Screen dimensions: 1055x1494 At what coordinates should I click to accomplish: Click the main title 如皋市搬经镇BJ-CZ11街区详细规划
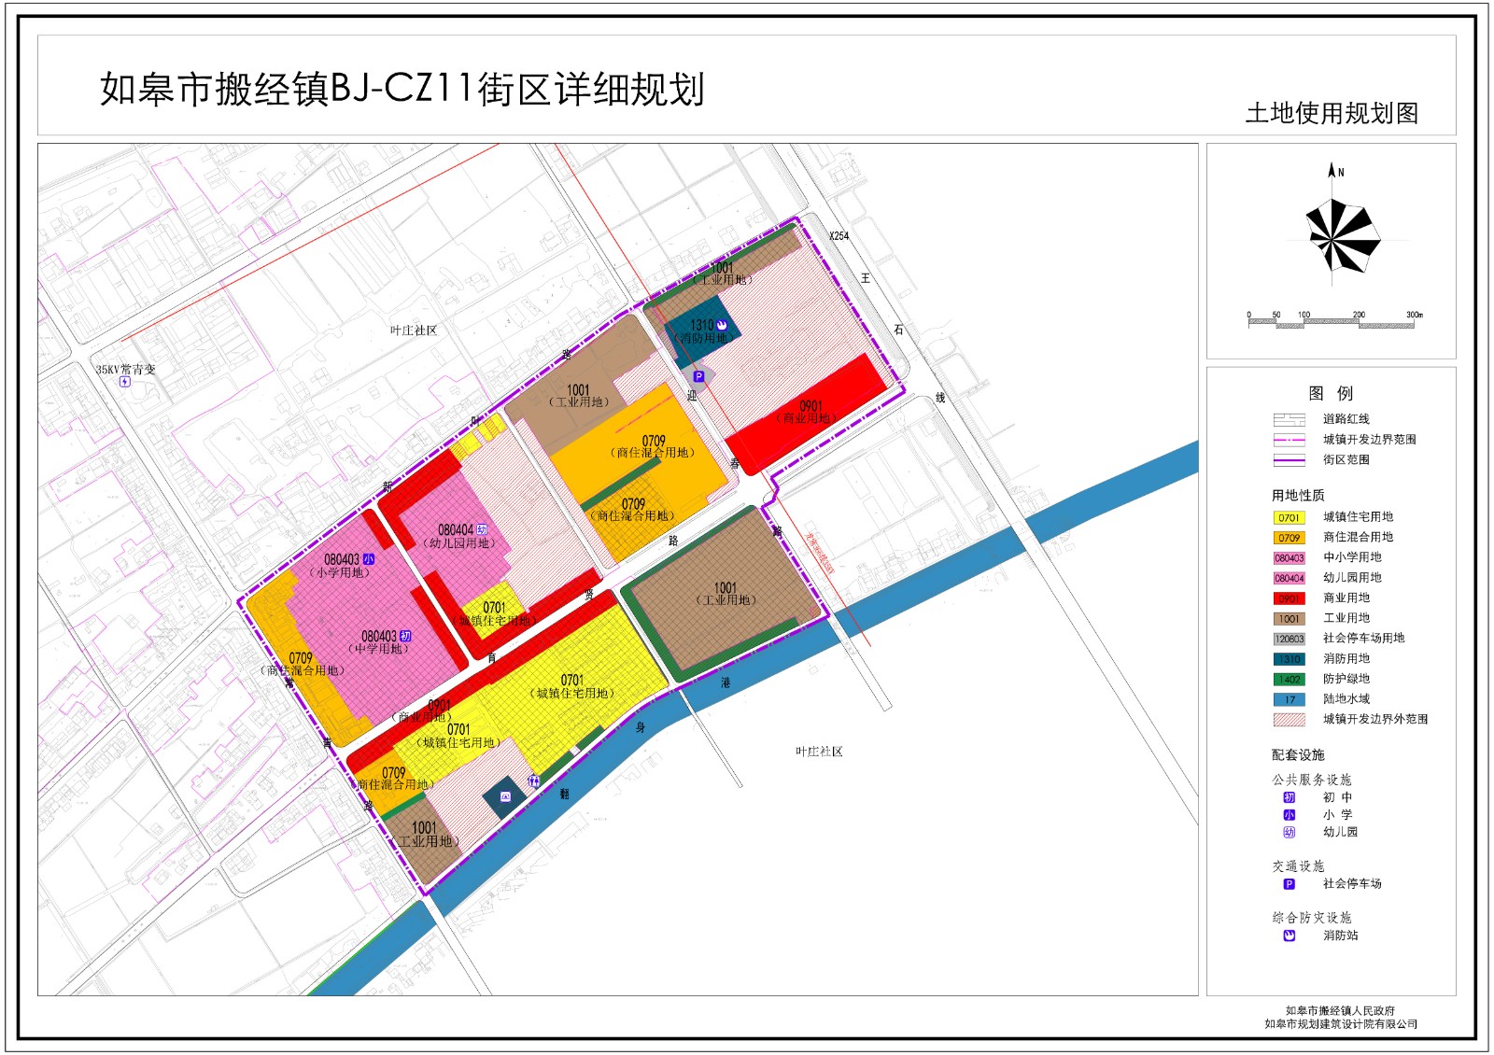pyautogui.click(x=402, y=90)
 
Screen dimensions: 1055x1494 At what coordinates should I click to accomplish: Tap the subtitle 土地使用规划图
pyautogui.click(x=1332, y=113)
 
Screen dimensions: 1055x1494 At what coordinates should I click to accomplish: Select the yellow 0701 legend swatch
pyautogui.click(x=1289, y=517)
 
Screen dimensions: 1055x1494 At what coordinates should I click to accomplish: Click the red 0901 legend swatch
pyautogui.click(x=1289, y=598)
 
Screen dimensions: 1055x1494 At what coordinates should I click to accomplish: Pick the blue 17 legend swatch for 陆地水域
pyautogui.click(x=1289, y=699)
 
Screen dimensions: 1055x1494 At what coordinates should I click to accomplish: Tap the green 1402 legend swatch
pyautogui.click(x=1289, y=680)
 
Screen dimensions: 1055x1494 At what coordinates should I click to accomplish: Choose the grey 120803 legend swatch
pyautogui.click(x=1289, y=639)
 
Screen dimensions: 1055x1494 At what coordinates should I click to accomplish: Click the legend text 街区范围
pyautogui.click(x=1346, y=459)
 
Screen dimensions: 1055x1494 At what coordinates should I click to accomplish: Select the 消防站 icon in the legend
pyautogui.click(x=1289, y=935)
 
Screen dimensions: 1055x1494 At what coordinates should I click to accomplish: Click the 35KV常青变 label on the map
pyautogui.click(x=125, y=370)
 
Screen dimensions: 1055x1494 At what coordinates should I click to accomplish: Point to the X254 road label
pyautogui.click(x=839, y=236)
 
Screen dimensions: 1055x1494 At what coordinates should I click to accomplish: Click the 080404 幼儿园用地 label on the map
pyautogui.click(x=458, y=536)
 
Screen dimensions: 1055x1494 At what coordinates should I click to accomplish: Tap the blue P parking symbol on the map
pyautogui.click(x=698, y=377)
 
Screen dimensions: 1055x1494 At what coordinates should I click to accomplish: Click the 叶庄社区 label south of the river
pyautogui.click(x=819, y=752)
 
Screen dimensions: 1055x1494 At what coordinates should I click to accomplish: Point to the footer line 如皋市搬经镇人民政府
pyautogui.click(x=1340, y=1010)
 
